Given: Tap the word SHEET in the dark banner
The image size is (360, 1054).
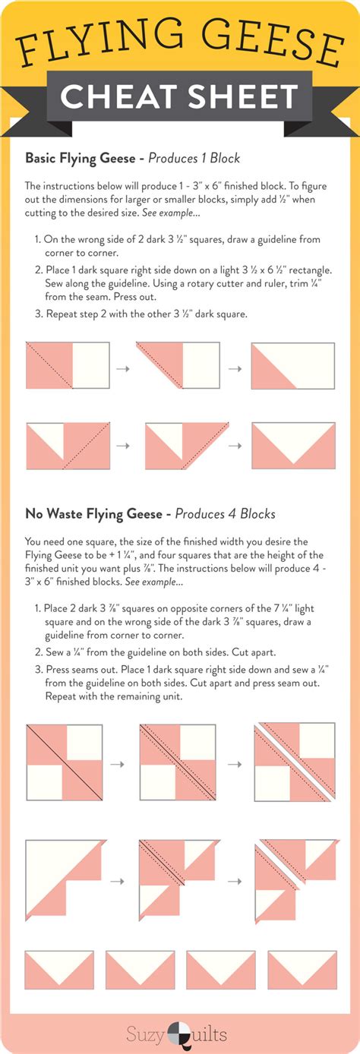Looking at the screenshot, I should tap(243, 96).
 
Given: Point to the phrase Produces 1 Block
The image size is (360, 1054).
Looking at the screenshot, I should tap(194, 159).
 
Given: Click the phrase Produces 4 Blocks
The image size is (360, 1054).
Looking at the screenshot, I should tap(225, 514).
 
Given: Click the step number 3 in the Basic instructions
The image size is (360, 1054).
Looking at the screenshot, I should tap(38, 314).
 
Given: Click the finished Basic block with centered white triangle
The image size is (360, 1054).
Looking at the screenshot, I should tap(293, 446).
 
